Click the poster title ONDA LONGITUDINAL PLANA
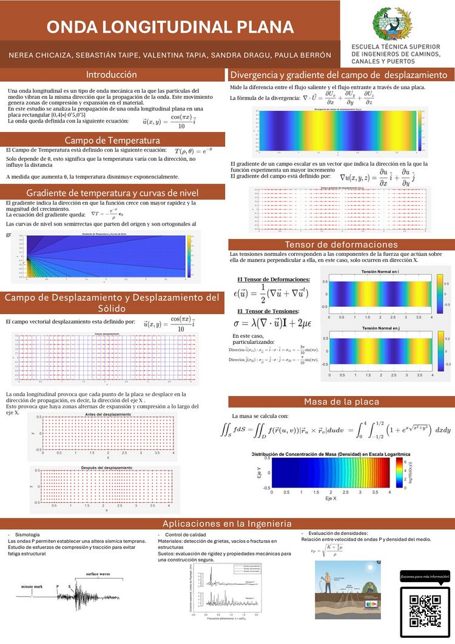tap(170, 27)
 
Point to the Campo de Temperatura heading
tap(112, 141)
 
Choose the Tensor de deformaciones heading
tap(340, 244)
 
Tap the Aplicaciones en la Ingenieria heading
tap(227, 523)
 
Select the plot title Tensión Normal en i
tap(380, 272)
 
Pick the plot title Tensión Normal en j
tap(380, 328)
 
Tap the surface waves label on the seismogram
tap(97, 574)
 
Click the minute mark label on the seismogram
tap(33, 587)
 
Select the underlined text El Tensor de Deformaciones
tap(273, 280)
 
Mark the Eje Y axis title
tap(259, 473)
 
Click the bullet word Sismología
tap(27, 534)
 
